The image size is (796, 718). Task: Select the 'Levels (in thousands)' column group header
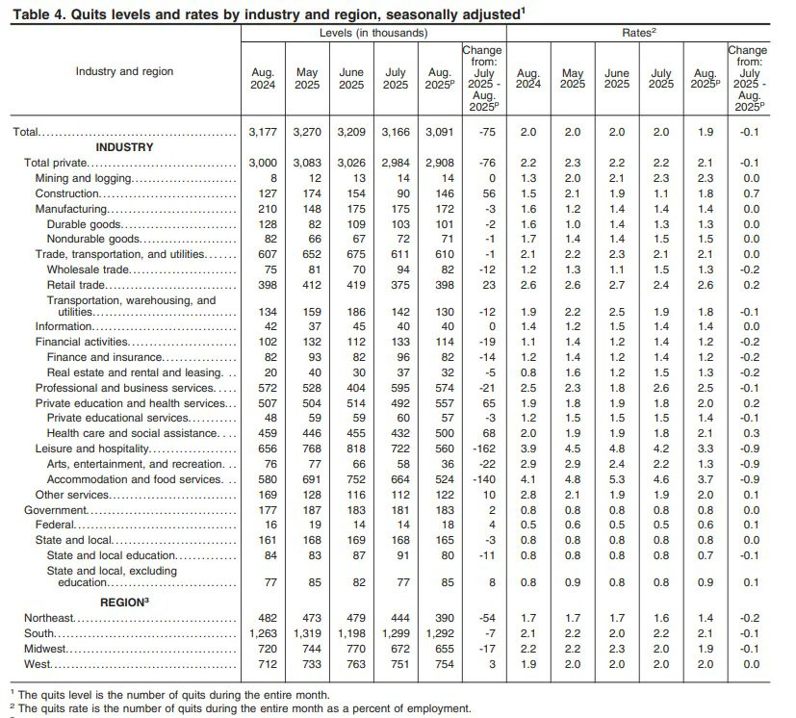click(373, 33)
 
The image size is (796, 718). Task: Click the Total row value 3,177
click(263, 130)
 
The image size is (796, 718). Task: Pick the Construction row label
click(64, 194)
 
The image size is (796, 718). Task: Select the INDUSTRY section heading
click(124, 147)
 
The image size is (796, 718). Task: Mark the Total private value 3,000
click(263, 164)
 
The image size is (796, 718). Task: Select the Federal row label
click(55, 525)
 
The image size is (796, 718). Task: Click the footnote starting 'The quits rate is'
click(241, 709)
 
